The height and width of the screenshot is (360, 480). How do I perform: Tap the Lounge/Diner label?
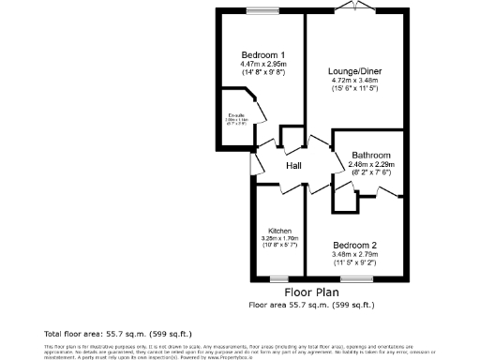[354, 70]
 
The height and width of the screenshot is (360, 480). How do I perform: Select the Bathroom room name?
[370, 154]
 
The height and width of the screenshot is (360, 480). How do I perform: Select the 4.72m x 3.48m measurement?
[354, 80]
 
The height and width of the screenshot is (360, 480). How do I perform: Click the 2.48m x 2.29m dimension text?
[370, 163]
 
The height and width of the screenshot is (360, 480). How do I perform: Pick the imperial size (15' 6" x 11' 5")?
[354, 89]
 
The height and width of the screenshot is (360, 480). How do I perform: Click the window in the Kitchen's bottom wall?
[277, 278]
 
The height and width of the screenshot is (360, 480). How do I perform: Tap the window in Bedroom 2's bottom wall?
[354, 278]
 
